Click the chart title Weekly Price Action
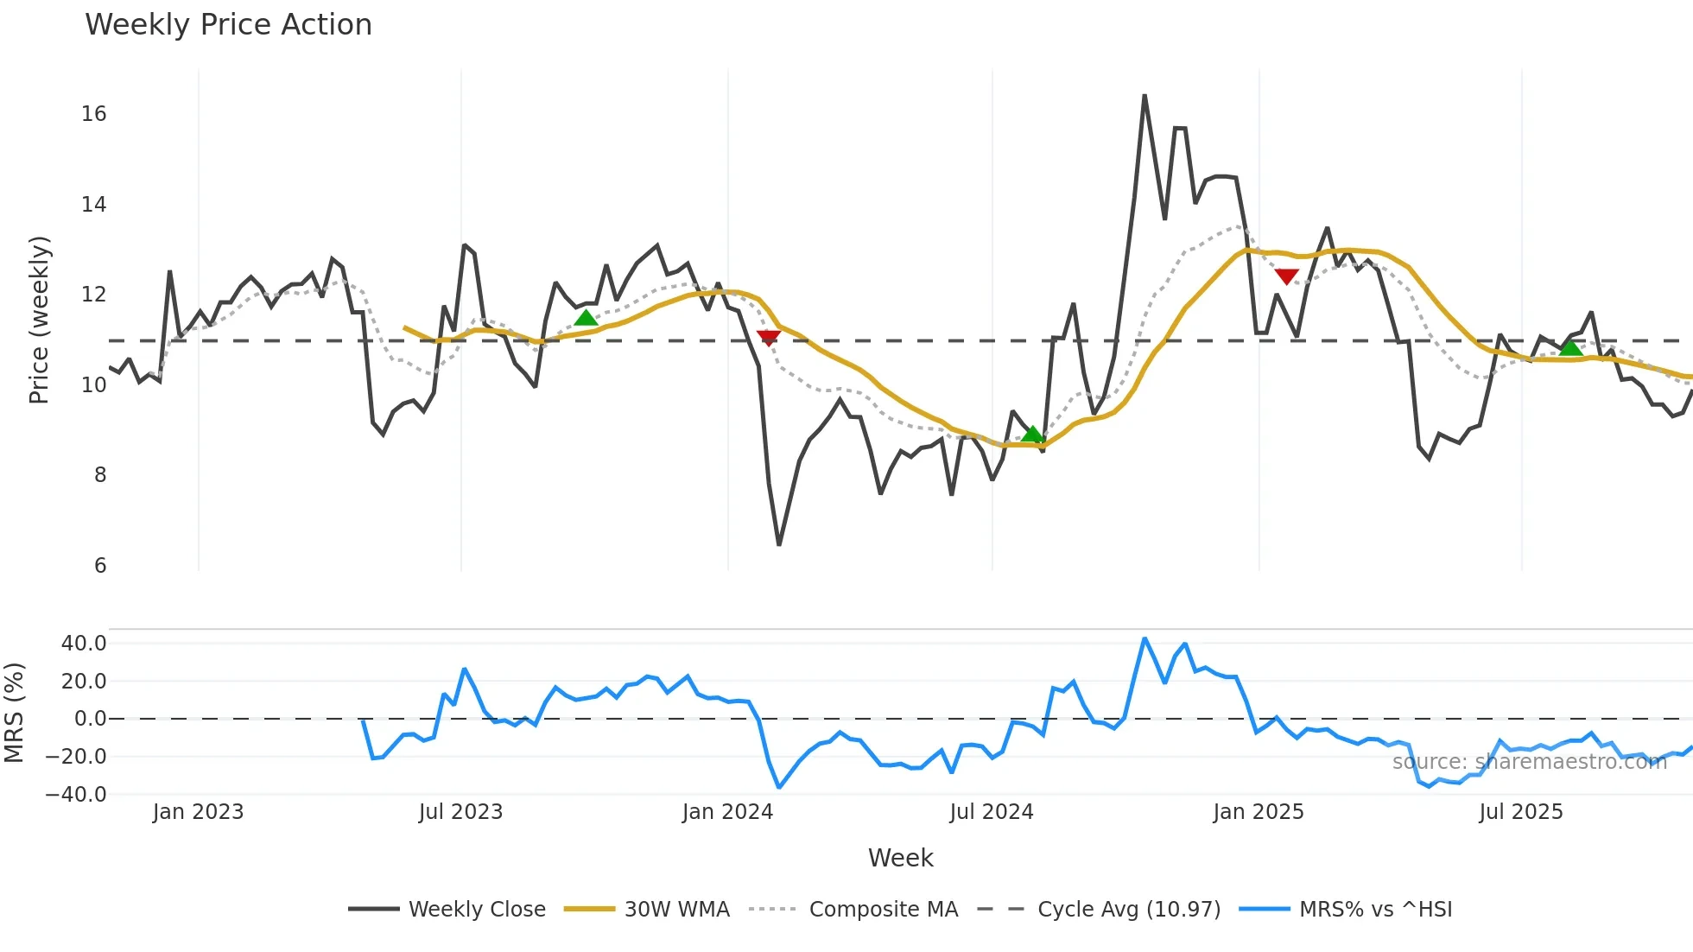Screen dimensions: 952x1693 pos(228,25)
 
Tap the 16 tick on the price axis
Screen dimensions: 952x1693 pos(94,114)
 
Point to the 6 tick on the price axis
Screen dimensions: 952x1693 pos(100,566)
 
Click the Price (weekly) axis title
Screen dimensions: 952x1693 pos(39,320)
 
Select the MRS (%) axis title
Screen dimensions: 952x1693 pos(14,713)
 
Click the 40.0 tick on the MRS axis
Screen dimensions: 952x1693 pos(84,644)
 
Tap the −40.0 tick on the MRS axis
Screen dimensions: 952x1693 pos(76,795)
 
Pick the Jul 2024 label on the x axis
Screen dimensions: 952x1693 pos(991,812)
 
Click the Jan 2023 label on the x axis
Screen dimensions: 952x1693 pos(198,812)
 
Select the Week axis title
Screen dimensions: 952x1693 pos(900,858)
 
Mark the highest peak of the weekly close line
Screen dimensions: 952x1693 pos(1145,96)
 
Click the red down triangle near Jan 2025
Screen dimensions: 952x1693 pos(1286,276)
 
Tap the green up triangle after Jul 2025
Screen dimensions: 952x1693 pos(1571,347)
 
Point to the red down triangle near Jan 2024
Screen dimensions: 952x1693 pos(768,337)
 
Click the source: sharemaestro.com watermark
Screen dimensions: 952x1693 pos(1529,762)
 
